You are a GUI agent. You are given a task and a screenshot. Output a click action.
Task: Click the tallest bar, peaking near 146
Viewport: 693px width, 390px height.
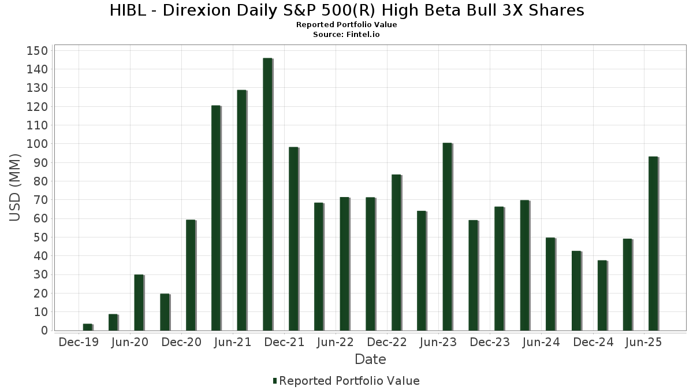pyautogui.click(x=267, y=194)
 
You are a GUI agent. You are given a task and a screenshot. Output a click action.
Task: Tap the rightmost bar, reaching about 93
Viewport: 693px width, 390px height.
pyautogui.click(x=653, y=243)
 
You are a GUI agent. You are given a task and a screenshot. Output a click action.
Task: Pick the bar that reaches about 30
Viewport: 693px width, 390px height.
pyautogui.click(x=139, y=302)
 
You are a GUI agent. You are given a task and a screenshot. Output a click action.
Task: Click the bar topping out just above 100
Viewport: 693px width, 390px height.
pyautogui.click(x=447, y=236)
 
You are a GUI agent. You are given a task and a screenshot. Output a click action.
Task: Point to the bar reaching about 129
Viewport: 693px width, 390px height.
pyautogui.click(x=241, y=210)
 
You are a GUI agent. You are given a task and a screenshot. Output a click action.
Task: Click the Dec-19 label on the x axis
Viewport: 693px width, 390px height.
pyautogui.click(x=79, y=342)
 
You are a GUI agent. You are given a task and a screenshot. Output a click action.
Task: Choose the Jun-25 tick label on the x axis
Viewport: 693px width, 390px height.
pyautogui.click(x=644, y=342)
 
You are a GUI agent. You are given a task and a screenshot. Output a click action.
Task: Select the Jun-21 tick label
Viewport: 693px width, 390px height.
pyautogui.click(x=233, y=342)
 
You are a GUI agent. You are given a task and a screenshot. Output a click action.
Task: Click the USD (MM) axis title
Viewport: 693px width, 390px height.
pyautogui.click(x=16, y=188)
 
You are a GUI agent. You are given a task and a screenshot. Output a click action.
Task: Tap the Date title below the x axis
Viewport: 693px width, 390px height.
pyautogui.click(x=370, y=359)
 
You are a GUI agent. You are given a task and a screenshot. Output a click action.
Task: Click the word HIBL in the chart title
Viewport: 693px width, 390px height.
pyautogui.click(x=128, y=10)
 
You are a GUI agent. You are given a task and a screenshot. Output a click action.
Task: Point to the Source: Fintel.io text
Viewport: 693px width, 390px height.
pyautogui.click(x=346, y=34)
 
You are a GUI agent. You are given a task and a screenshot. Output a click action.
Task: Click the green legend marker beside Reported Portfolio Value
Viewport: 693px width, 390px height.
pyautogui.click(x=275, y=381)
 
